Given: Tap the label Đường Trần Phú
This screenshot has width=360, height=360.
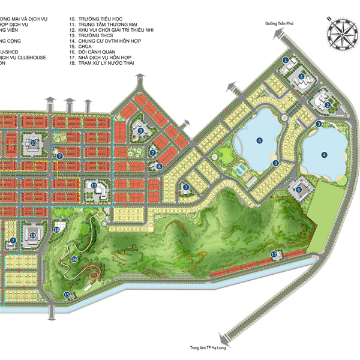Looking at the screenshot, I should pyautogui.click(x=282, y=24).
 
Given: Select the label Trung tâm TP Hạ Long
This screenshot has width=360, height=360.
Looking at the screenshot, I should pyautogui.click(x=209, y=347).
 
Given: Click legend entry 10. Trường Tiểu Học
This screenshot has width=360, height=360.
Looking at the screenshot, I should pyautogui.click(x=93, y=19).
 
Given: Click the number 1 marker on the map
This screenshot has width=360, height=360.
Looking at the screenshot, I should pyautogui.click(x=286, y=60).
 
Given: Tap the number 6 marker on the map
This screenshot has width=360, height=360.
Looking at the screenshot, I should pyautogui.click(x=298, y=190).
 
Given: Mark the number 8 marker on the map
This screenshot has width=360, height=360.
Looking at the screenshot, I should pyautogui.click(x=159, y=166).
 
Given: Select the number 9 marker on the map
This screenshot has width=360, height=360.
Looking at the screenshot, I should pyautogui.click(x=141, y=130).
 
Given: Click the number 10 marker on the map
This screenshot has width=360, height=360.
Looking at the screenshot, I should pyautogui.click(x=34, y=143).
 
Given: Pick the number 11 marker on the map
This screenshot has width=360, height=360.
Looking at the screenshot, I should pyautogui.click(x=94, y=186).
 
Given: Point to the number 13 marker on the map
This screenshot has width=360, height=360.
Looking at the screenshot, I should pyautogui.click(x=32, y=235).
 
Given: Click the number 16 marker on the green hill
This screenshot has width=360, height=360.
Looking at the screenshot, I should pyautogui.click(x=74, y=259).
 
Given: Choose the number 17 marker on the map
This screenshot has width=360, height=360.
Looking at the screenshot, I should pyautogui.click(x=274, y=254).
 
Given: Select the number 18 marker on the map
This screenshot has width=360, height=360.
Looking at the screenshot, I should pyautogui.click(x=57, y=229).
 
